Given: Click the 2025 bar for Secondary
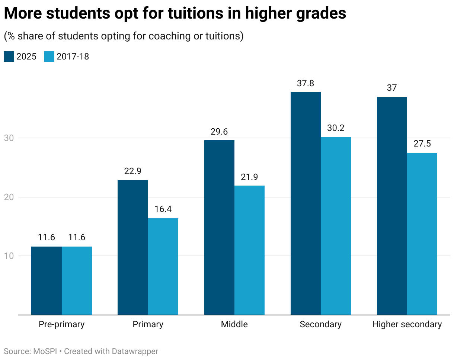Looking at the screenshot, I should (306, 203).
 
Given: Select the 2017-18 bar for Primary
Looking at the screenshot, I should (163, 266).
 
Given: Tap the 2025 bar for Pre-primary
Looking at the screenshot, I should (46, 280).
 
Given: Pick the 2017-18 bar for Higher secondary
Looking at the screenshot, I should (422, 234).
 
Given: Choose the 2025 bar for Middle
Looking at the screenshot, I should (219, 227).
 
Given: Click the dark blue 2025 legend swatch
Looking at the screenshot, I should (9, 57).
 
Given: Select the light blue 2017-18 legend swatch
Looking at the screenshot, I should (49, 57).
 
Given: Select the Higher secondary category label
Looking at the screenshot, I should (407, 324).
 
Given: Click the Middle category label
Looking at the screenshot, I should (234, 324).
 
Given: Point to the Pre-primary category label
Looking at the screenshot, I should (61, 324).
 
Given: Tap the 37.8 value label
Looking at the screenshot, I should (306, 83).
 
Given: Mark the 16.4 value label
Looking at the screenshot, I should (163, 209).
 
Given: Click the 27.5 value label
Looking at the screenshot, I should (422, 144).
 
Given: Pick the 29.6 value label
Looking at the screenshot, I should (219, 132).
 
